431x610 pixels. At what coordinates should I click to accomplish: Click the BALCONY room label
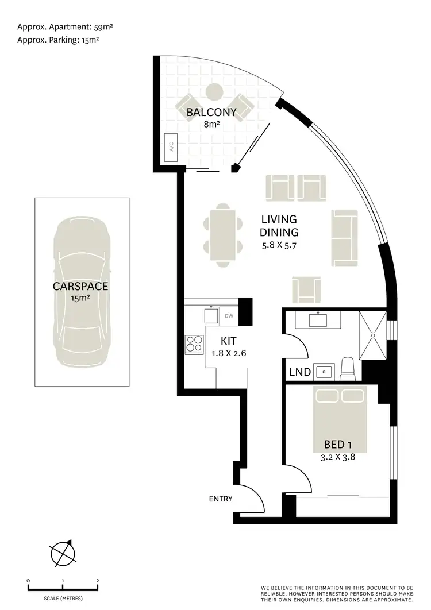pos(211,112)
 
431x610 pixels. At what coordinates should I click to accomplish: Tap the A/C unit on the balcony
pos(171,146)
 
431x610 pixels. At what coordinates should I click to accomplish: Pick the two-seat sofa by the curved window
pos(344,238)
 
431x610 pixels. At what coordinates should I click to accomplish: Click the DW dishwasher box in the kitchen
pos(228,316)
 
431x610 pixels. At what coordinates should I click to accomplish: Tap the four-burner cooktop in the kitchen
pos(194,343)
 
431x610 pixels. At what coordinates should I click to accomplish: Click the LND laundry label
pos(300,372)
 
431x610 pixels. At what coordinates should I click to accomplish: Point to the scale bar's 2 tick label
pos(98,581)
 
